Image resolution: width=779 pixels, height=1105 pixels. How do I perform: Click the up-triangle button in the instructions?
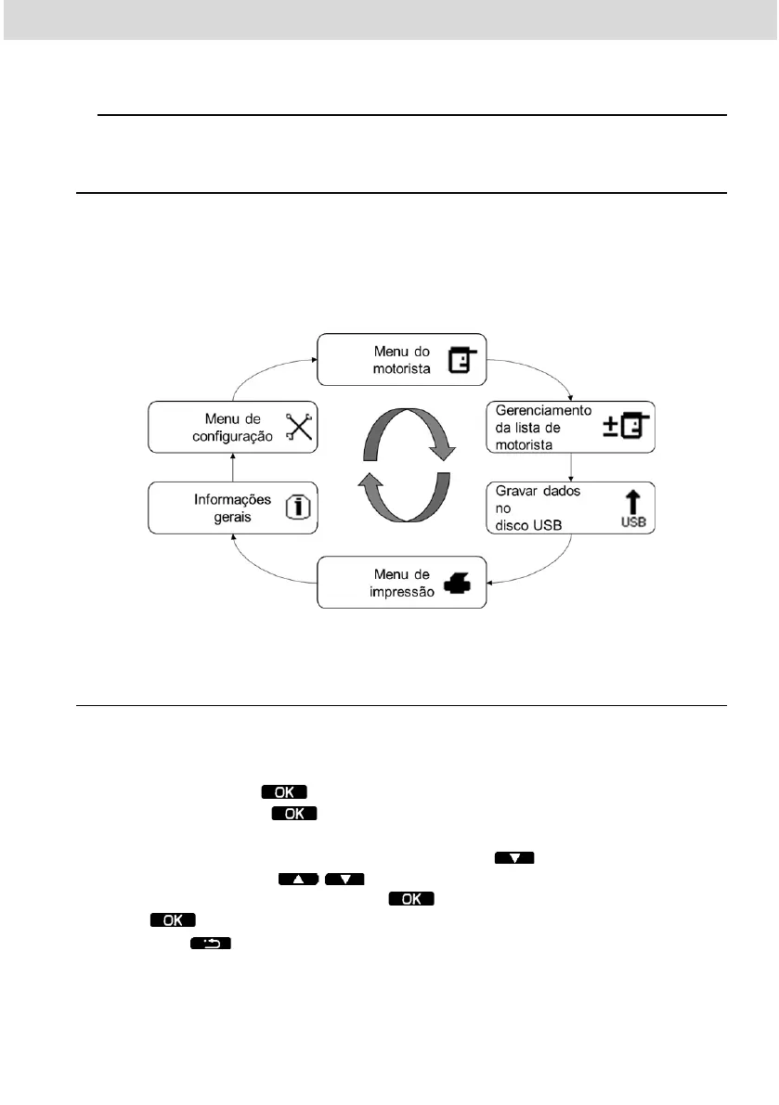pyautogui.click(x=298, y=879)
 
